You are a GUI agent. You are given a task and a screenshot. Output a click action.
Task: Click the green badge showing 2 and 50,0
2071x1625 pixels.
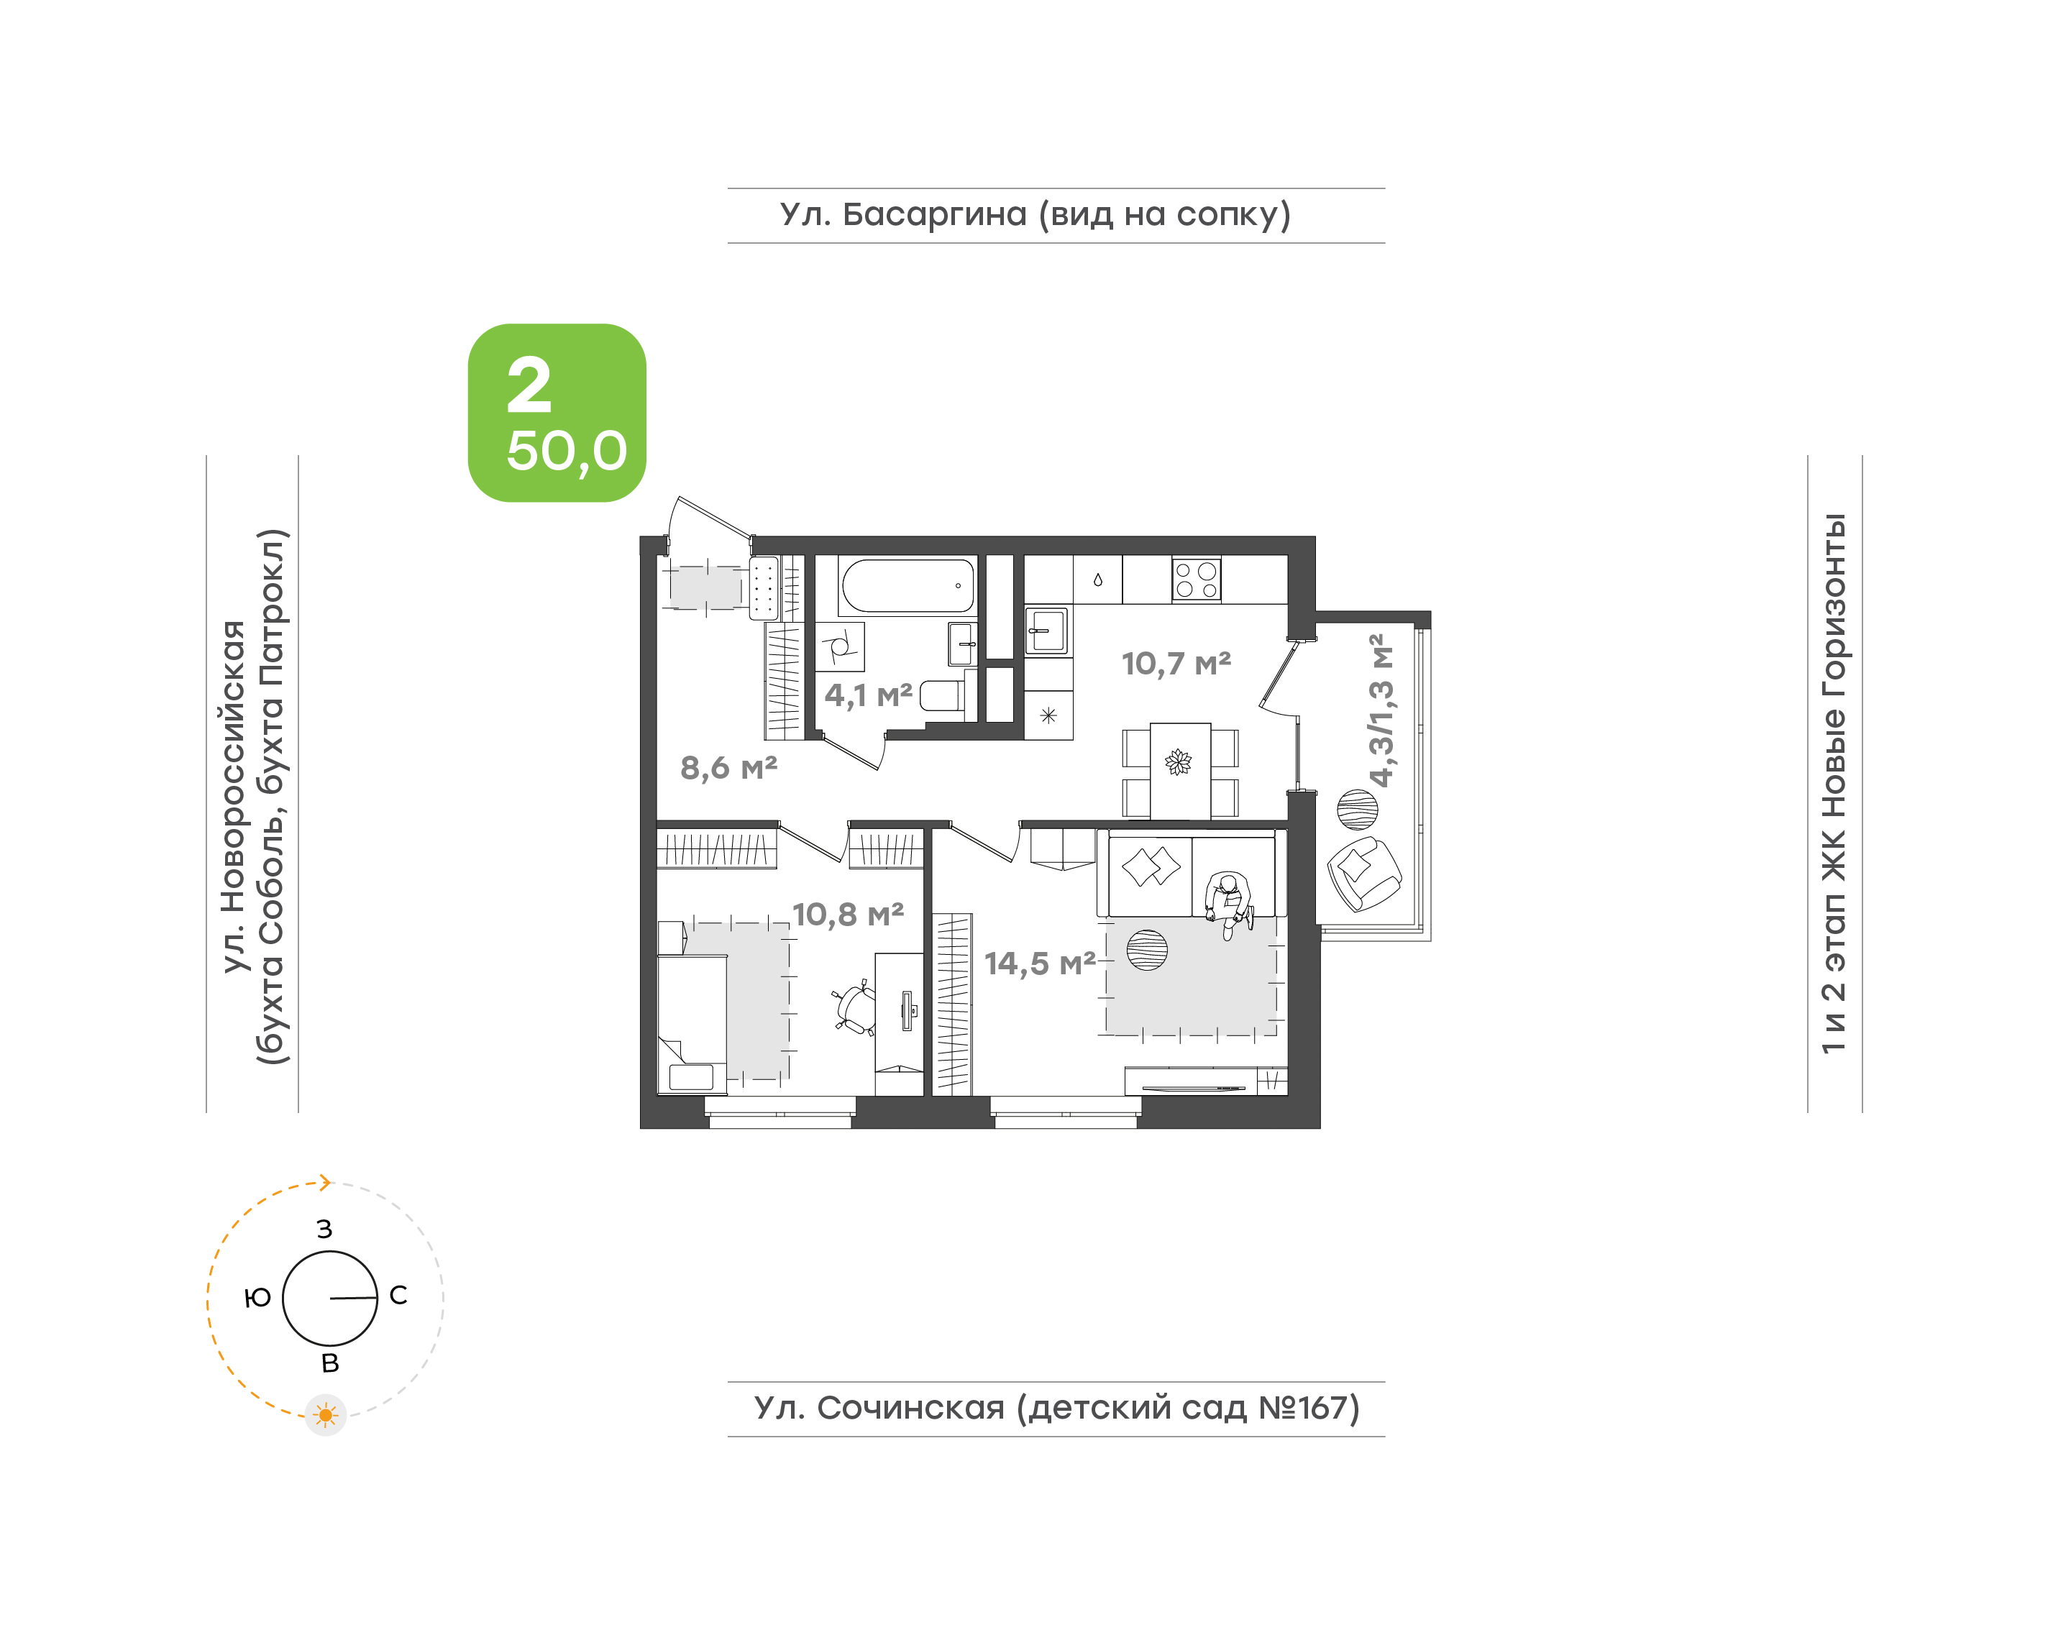pos(557,413)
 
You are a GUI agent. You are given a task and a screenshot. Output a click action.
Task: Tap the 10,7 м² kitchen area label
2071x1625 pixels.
pos(1176,663)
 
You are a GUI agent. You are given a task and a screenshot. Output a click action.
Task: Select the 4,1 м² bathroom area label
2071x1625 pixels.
pos(868,695)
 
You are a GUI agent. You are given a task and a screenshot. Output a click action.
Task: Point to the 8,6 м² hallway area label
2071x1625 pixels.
pos(728,766)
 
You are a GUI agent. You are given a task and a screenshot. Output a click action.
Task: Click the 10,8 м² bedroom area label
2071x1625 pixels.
pos(848,915)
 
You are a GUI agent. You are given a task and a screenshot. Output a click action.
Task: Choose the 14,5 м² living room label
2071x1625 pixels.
pos(1040,963)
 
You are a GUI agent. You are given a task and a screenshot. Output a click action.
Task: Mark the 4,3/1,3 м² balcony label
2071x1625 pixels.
pos(1381,710)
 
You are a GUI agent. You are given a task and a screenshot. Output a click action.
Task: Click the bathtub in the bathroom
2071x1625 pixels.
pos(908,585)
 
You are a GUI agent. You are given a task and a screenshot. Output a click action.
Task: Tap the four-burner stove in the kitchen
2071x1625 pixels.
pos(1196,578)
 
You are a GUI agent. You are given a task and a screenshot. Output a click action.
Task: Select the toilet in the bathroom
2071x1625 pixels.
pos(942,695)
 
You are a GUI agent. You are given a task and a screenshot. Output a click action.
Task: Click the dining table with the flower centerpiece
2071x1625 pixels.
pos(1179,769)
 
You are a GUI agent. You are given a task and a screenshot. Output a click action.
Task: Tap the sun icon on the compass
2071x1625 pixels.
pos(325,1415)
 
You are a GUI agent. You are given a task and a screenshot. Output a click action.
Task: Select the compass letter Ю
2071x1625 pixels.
pos(257,1298)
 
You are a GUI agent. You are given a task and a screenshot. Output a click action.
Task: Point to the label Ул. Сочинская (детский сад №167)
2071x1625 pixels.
pos(1056,1407)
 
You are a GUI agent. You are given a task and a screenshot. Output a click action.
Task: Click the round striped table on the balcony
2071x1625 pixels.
pos(1356,809)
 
